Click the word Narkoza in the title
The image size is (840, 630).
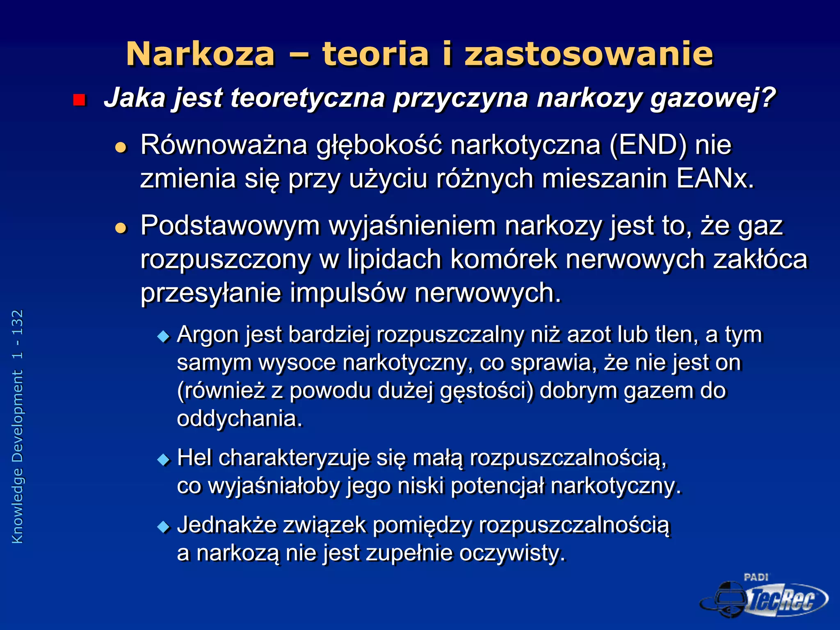pyautogui.click(x=200, y=54)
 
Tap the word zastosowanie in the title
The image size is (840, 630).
pyautogui.click(x=589, y=54)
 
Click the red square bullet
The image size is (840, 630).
pyautogui.click(x=79, y=100)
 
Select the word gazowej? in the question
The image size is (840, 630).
pyautogui.click(x=713, y=98)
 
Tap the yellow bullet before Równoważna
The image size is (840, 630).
pyautogui.click(x=121, y=147)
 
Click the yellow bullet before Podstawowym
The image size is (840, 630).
pyautogui.click(x=121, y=228)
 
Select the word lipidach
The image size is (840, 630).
pyautogui.click(x=394, y=259)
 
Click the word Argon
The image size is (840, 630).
pyautogui.click(x=208, y=334)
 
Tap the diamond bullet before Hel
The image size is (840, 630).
pyautogui.click(x=164, y=459)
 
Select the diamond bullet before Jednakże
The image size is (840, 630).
pyautogui.click(x=164, y=527)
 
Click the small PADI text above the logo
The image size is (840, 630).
pyautogui.click(x=756, y=577)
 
